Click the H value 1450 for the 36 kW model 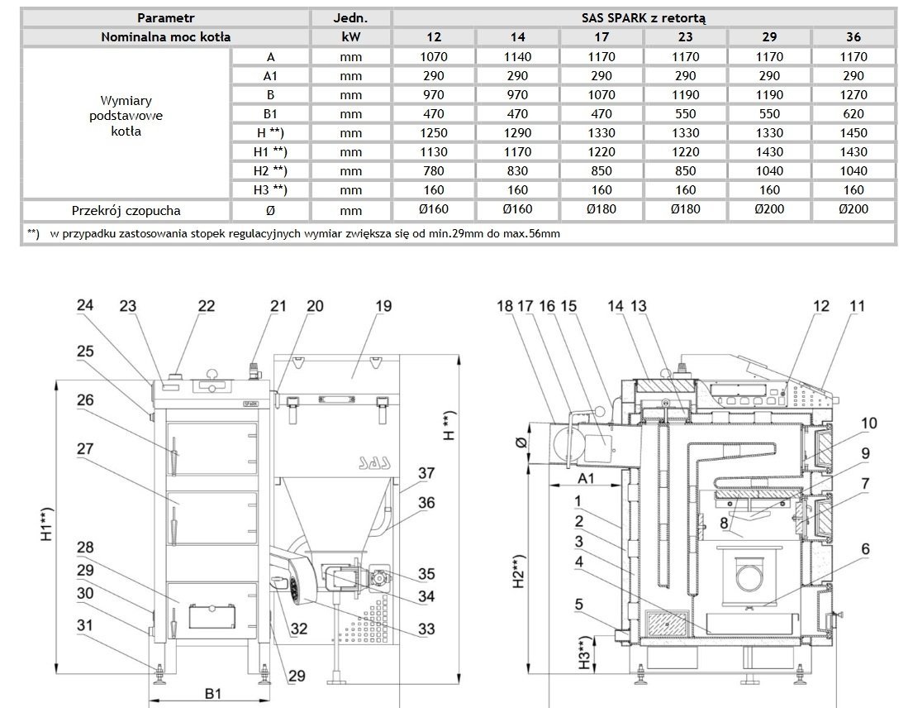click(x=854, y=132)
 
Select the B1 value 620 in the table click(x=854, y=114)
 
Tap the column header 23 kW click(x=686, y=37)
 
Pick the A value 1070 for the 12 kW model click(x=434, y=57)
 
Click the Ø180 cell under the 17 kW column click(x=602, y=209)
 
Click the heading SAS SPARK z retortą click(x=644, y=17)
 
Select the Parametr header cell click(x=165, y=17)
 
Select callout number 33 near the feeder click(x=426, y=629)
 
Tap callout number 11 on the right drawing click(x=858, y=306)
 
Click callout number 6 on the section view click(x=864, y=548)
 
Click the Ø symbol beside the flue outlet click(x=519, y=443)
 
